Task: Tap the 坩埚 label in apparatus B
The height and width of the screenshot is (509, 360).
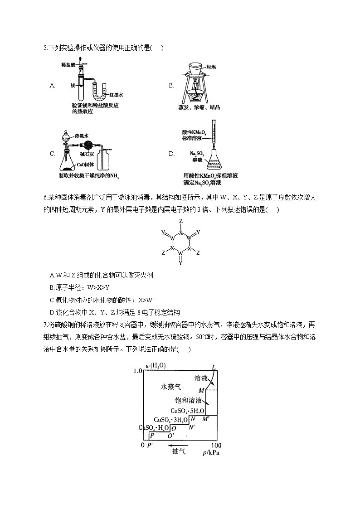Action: click(x=211, y=67)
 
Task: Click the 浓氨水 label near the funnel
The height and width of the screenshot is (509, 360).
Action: click(x=81, y=135)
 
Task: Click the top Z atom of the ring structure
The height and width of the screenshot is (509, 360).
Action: click(x=180, y=221)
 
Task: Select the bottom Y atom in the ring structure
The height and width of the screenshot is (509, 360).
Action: click(x=180, y=262)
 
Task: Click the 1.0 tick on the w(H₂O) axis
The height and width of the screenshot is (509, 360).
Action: click(x=138, y=371)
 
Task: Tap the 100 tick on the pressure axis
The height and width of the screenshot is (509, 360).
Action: click(x=216, y=445)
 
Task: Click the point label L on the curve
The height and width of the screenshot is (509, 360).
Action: click(x=214, y=367)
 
